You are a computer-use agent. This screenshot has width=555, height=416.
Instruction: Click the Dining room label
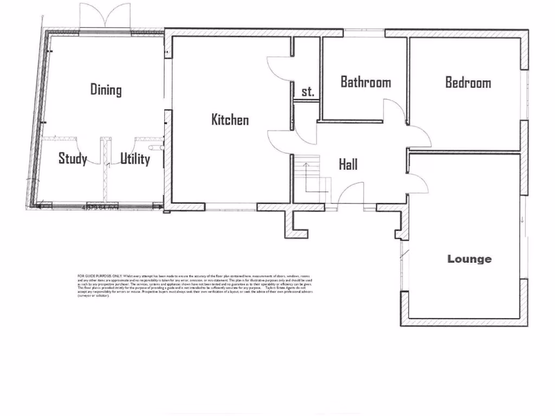[106, 89]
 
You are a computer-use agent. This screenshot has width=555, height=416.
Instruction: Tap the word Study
[73, 159]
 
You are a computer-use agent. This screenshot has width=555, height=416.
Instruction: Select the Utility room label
[135, 159]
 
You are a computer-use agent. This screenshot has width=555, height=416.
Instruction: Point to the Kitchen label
[230, 119]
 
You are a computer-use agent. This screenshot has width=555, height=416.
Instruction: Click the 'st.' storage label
[307, 92]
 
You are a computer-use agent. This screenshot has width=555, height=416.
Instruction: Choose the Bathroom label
[365, 82]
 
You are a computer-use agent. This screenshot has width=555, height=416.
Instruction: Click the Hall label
[348, 164]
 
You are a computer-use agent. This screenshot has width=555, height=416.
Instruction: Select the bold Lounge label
[469, 259]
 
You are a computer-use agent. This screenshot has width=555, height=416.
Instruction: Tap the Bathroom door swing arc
[395, 111]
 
